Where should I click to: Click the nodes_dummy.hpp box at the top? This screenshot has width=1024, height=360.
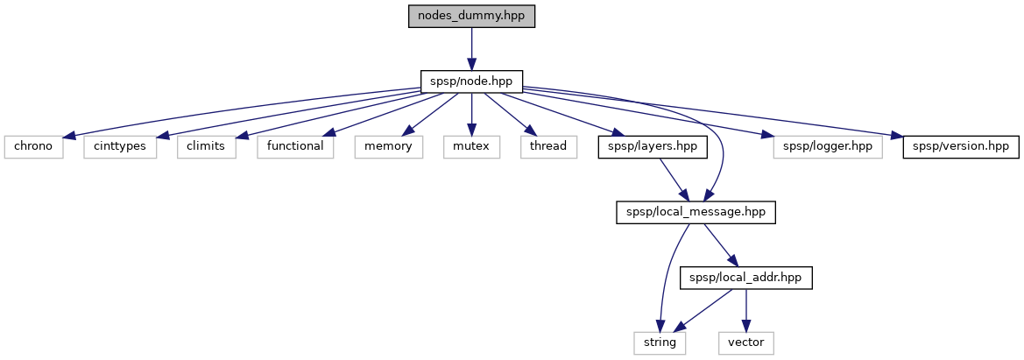(471, 17)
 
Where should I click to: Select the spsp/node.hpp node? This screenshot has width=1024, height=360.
(471, 81)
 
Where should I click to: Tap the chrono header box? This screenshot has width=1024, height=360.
(32, 146)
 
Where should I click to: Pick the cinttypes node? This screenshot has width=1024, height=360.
(121, 146)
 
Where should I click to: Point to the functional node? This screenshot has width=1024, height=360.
(295, 146)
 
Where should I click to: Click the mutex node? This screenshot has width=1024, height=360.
(472, 146)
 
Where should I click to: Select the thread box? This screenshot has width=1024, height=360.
(547, 146)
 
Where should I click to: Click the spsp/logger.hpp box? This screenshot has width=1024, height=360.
(823, 146)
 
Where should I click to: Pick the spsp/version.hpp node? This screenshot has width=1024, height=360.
(961, 146)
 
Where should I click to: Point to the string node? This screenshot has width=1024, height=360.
(660, 342)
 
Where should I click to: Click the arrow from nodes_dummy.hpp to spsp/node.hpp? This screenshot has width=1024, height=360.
(471, 49)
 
